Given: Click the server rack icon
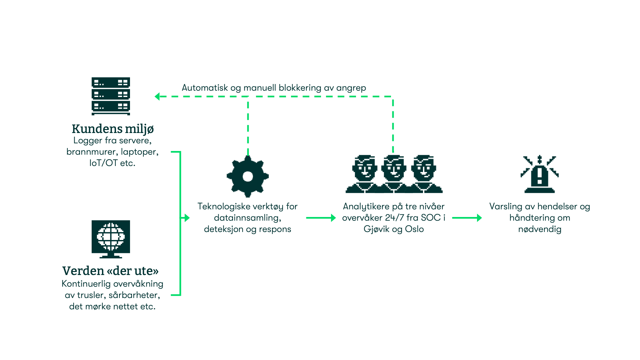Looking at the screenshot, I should pos(111,96).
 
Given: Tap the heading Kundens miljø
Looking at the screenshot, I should pos(113,129).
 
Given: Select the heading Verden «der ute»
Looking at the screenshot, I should pos(110,271).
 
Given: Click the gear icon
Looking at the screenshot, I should pos(248,176).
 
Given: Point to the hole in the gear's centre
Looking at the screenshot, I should pos(248,176).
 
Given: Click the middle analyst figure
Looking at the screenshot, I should pos(394,173).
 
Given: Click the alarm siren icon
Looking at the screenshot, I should pos(539,174).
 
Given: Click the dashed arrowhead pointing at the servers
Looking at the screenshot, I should pos(157,96).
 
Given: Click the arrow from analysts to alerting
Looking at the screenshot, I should pos(467,218).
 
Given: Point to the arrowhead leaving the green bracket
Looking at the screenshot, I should pos(187,218).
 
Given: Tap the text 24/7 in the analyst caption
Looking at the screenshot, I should pos(394,218).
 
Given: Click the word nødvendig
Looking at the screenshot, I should pos(540,229).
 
